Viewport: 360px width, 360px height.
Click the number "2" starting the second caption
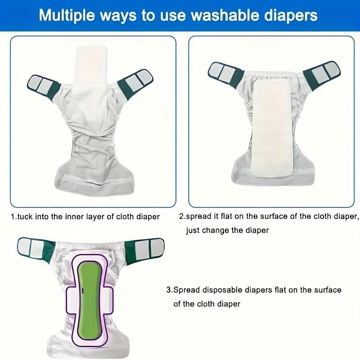click(181, 216)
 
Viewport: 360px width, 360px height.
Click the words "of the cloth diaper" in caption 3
click(207, 304)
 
